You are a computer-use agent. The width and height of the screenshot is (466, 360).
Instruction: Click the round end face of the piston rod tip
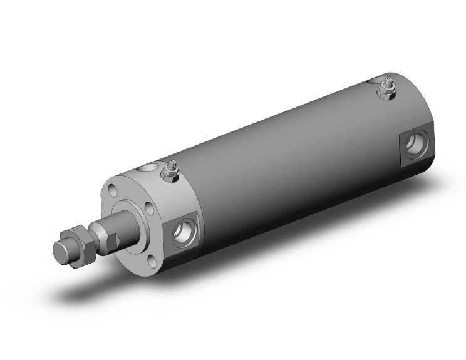(61, 249)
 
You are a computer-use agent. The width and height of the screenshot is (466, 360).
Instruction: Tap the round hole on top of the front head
(148, 168)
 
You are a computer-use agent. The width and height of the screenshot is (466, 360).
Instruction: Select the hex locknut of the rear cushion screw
(385, 91)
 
